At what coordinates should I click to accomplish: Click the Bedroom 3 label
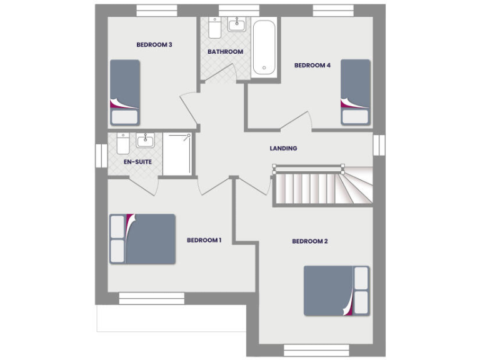click(x=154, y=44)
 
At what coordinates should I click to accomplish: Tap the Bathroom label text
click(x=225, y=52)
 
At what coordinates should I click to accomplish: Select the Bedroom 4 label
click(x=312, y=65)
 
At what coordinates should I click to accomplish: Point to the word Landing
click(x=283, y=149)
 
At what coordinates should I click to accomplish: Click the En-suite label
click(x=137, y=162)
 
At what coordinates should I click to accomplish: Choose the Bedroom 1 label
click(x=204, y=240)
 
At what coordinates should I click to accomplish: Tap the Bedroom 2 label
click(x=310, y=241)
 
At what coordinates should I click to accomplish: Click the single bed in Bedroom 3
click(x=124, y=92)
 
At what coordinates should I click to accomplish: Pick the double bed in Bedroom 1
click(x=142, y=239)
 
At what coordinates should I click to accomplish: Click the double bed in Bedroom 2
click(x=336, y=291)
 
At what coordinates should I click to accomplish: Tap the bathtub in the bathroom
click(x=264, y=49)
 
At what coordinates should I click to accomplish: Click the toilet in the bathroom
click(x=214, y=29)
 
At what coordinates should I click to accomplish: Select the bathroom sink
click(x=237, y=25)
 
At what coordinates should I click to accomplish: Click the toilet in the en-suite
click(x=123, y=144)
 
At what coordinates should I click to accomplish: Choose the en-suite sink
click(x=145, y=140)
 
